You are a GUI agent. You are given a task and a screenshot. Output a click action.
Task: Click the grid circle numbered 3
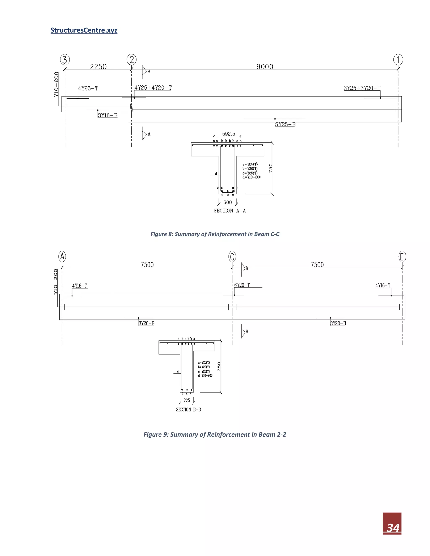point(65,60)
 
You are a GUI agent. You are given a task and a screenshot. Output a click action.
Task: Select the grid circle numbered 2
point(131,60)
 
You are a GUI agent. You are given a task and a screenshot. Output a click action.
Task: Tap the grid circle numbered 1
point(398,60)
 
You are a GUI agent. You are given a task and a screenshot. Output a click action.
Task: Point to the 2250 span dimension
point(98,67)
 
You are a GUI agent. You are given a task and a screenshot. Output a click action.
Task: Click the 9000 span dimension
point(265,67)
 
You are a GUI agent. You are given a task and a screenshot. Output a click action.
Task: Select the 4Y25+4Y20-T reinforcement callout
point(153,88)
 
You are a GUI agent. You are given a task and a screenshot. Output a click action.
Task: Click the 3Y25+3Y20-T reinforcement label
point(362,88)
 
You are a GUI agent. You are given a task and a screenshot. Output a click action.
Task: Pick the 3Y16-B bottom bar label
point(108,116)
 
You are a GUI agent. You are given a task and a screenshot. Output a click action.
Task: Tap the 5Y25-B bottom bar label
point(285,124)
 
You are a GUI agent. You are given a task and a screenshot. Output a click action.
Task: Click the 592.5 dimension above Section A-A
point(228,134)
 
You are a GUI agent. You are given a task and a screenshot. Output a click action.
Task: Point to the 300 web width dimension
point(227,202)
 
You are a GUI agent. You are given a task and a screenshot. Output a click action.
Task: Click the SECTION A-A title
point(229,211)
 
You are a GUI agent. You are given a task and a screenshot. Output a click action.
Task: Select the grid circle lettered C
point(232,257)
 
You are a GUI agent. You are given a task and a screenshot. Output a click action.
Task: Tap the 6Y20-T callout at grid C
point(242,285)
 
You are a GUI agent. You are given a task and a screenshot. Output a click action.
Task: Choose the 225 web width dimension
point(187,401)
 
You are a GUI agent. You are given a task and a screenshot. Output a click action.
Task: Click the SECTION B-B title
point(188,410)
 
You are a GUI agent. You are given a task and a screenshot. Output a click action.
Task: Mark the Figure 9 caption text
point(215,435)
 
